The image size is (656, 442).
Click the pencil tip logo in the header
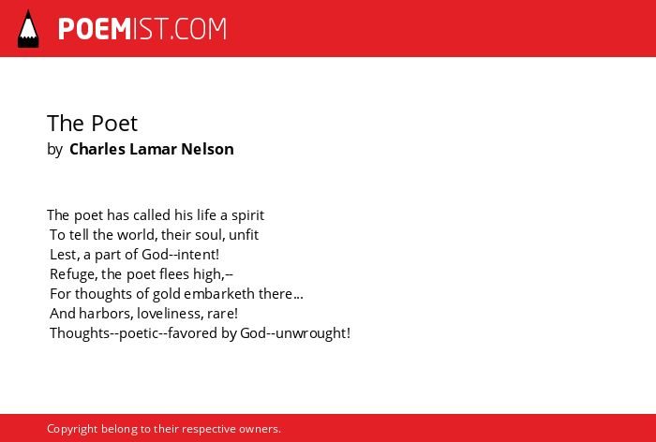coord(28,29)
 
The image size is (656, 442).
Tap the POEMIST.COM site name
coord(142,29)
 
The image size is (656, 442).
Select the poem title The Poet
coord(92,124)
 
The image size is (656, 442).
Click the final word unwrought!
coord(313,333)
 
